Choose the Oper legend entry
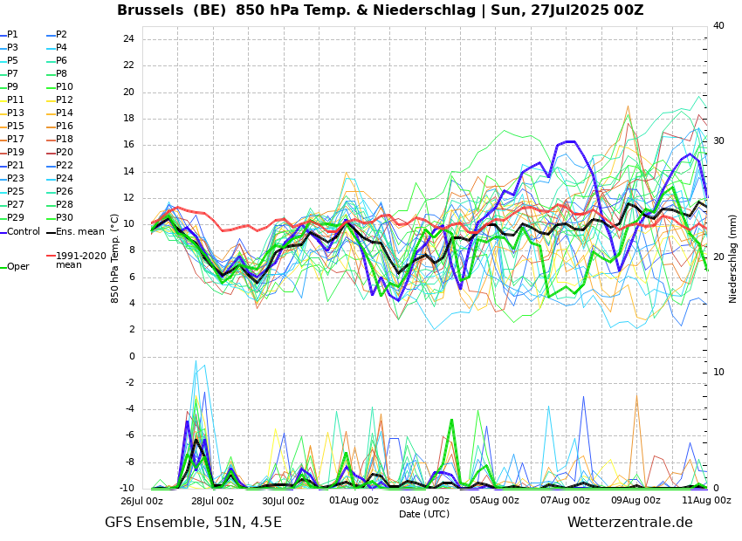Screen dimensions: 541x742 pyautogui.click(x=18, y=267)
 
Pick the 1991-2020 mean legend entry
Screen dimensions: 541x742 pyautogui.click(x=80, y=260)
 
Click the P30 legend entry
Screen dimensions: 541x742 pyautogui.click(x=65, y=218)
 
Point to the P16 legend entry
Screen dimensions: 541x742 pyautogui.click(x=65, y=127)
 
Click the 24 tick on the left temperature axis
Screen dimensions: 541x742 pyautogui.click(x=128, y=39)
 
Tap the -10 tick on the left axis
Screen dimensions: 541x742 pyautogui.click(x=127, y=489)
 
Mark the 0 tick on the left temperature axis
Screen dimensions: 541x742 pyautogui.click(x=131, y=356)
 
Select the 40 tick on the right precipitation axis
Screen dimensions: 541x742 pyautogui.click(x=718, y=26)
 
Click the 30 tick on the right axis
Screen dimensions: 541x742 pyautogui.click(x=718, y=140)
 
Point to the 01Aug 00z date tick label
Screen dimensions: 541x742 pyautogui.click(x=354, y=501)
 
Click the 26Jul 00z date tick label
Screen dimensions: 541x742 pyautogui.click(x=141, y=501)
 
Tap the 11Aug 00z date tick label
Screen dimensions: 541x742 pyautogui.click(x=707, y=501)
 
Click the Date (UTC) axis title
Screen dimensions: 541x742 pyautogui.click(x=424, y=514)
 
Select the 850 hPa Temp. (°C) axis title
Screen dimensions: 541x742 pyautogui.click(x=115, y=257)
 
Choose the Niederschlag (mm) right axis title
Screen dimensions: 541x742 pyautogui.click(x=733, y=258)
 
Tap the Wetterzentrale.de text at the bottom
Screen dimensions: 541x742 pyautogui.click(x=629, y=523)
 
